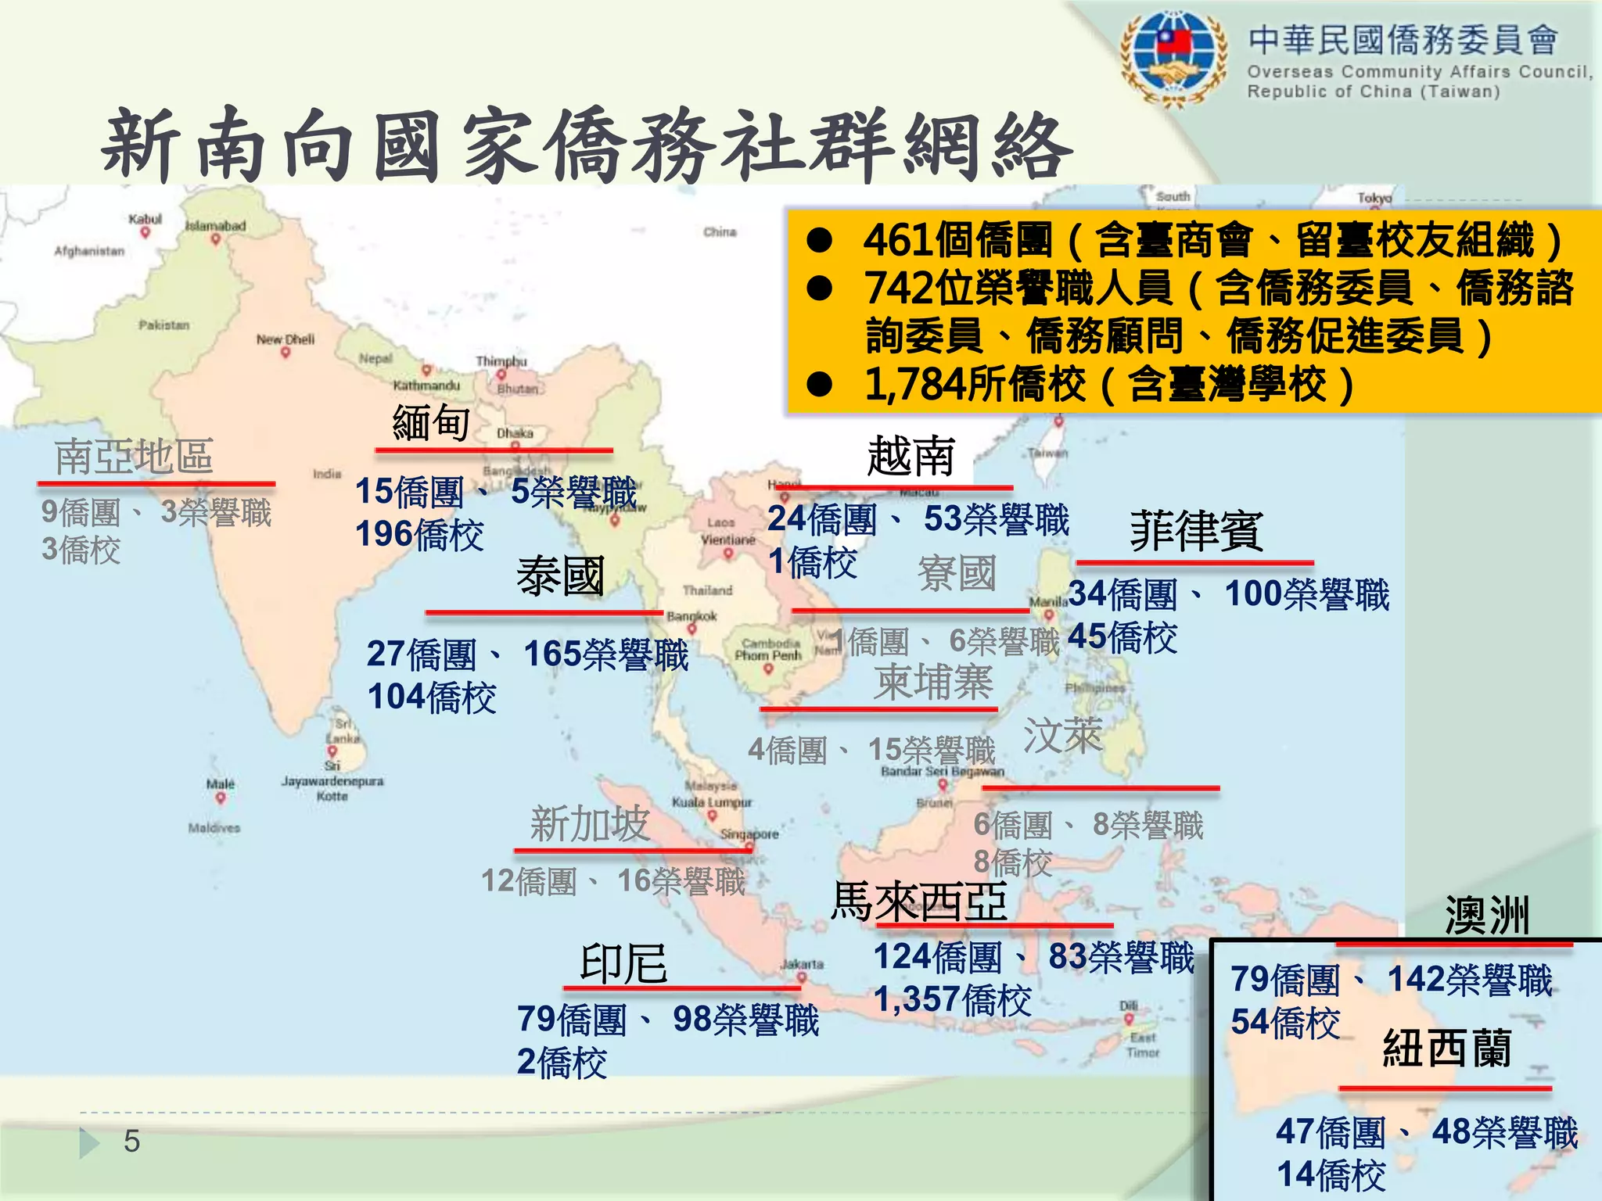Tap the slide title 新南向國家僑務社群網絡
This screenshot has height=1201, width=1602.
point(587,146)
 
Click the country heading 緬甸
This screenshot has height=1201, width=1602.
point(431,423)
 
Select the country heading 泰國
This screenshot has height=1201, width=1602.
point(560,576)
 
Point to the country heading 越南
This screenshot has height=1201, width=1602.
point(911,456)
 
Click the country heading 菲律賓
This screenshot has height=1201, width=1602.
point(1196,531)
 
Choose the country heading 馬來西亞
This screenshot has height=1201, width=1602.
point(919,901)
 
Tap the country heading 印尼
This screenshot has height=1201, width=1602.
point(623,963)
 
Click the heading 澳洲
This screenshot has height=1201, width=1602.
point(1487,915)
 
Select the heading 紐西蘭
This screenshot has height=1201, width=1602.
point(1447,1048)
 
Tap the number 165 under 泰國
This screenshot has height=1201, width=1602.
point(552,654)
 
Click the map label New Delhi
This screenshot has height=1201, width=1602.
point(286,339)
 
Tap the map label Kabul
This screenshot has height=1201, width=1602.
point(145,219)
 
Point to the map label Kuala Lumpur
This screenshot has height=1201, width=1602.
point(712,802)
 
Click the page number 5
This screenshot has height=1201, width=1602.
point(131,1142)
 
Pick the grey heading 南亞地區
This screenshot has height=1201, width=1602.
point(134,457)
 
